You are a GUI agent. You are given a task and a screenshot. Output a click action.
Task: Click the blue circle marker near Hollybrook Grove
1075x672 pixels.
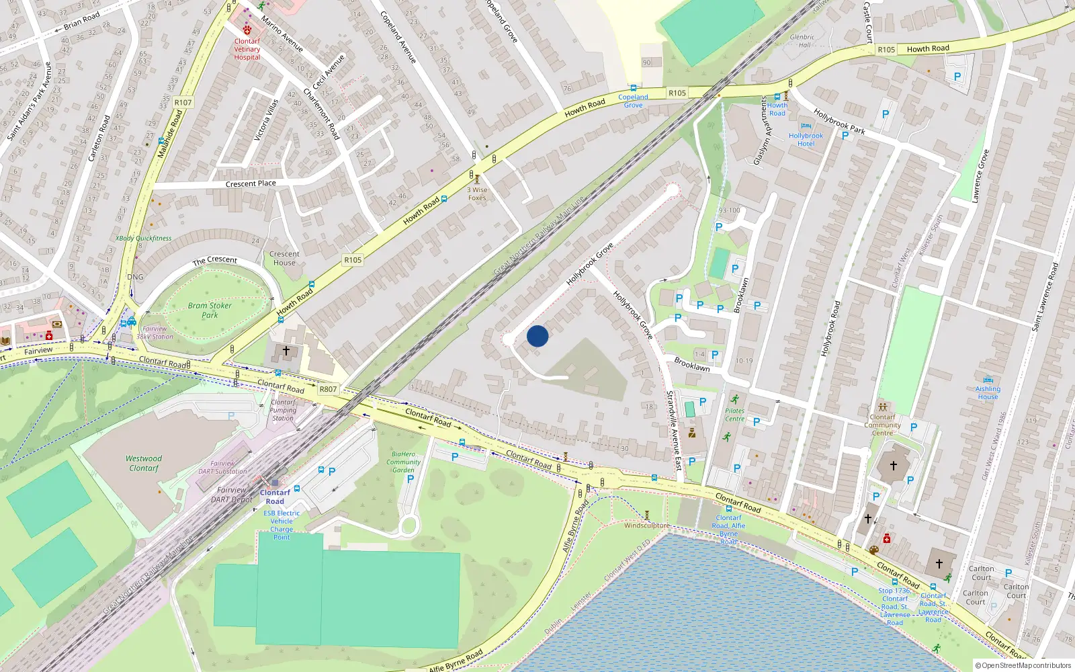[x=537, y=336]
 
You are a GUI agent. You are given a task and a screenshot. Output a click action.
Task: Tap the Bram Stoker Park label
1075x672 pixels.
[x=210, y=310]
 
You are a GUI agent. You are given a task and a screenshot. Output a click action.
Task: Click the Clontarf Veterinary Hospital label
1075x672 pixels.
[x=247, y=49]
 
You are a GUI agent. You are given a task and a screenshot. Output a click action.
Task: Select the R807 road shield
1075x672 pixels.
[x=328, y=389]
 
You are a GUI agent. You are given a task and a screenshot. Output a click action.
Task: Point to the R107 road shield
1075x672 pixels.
[x=183, y=103]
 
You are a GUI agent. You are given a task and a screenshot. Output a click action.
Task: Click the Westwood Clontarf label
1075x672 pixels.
[x=144, y=463]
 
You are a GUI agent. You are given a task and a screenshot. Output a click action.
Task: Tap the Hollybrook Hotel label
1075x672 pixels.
[x=806, y=140]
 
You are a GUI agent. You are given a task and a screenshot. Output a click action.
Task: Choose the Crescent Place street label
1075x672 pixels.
[x=251, y=183]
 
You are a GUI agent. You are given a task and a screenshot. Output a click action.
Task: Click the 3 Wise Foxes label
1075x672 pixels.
[x=477, y=194]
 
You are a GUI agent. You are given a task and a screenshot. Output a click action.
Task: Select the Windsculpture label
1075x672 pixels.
[x=646, y=526]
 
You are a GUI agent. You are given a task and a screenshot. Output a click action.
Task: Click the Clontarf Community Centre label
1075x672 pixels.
[x=882, y=425]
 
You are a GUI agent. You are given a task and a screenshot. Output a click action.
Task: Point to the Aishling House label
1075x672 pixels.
[x=988, y=393]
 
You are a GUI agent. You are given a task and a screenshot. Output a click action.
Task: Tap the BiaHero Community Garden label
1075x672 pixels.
[x=403, y=462]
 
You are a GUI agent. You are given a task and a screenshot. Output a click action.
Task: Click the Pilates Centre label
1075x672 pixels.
[x=734, y=415]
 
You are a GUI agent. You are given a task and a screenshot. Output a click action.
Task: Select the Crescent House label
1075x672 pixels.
[x=284, y=258]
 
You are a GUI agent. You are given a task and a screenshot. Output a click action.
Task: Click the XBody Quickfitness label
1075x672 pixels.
[x=143, y=238]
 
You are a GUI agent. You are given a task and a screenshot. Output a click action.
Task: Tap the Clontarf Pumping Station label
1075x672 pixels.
[x=283, y=410]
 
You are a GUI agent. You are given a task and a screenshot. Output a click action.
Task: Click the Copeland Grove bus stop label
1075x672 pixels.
[x=633, y=101]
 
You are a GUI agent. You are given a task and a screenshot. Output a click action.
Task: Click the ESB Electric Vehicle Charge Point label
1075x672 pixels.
[x=282, y=525]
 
